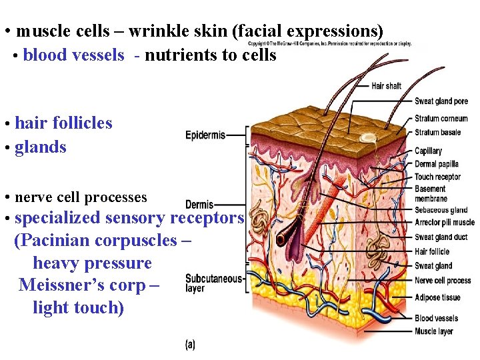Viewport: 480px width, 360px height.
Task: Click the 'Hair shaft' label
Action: click(386, 86)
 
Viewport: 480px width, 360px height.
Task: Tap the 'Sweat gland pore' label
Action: click(441, 101)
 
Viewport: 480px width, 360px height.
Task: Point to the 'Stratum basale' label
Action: click(437, 132)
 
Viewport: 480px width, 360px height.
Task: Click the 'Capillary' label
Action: click(428, 151)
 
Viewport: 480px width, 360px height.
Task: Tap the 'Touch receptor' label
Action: click(437, 177)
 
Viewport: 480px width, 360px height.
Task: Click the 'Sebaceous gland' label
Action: click(441, 210)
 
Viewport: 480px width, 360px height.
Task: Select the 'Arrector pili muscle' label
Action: click(445, 223)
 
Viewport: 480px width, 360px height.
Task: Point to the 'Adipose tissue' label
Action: click(437, 297)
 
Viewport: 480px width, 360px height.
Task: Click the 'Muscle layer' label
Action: click(433, 331)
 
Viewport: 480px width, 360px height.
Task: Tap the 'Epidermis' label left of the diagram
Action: click(205, 135)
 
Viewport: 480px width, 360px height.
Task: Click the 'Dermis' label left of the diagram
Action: click(199, 205)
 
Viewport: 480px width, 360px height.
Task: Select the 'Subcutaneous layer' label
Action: click(213, 283)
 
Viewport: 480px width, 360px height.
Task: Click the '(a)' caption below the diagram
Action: click(190, 345)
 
